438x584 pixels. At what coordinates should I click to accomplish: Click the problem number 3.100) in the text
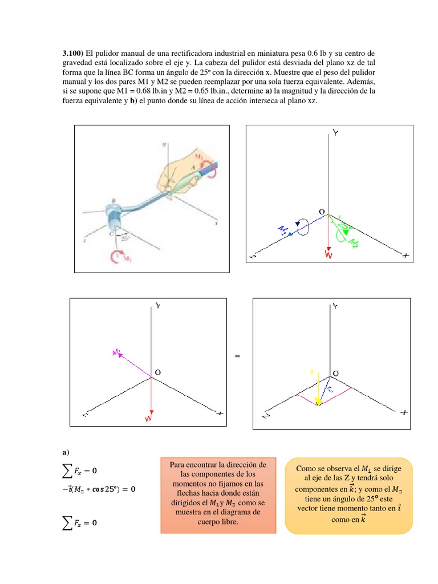tap(74, 54)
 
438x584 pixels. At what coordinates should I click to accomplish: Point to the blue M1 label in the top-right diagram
tap(283, 231)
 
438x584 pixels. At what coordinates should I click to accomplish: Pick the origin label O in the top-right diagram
tap(322, 212)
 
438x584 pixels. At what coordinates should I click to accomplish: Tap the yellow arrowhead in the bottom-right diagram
tap(318, 402)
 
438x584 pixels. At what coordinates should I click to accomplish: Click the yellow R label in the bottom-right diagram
tap(312, 371)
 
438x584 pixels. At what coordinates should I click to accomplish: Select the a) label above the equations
tap(66, 453)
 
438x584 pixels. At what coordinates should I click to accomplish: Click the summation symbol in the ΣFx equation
tap(67, 471)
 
